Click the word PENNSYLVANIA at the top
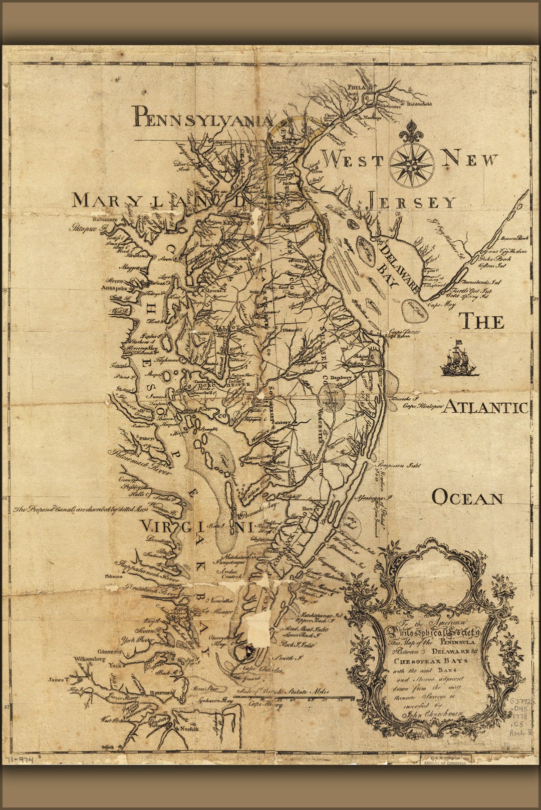203,117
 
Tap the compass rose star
412,165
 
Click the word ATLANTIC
486,407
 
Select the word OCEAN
467,498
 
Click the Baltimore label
105,220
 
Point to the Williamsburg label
91,659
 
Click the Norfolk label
190,729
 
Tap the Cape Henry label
265,704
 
